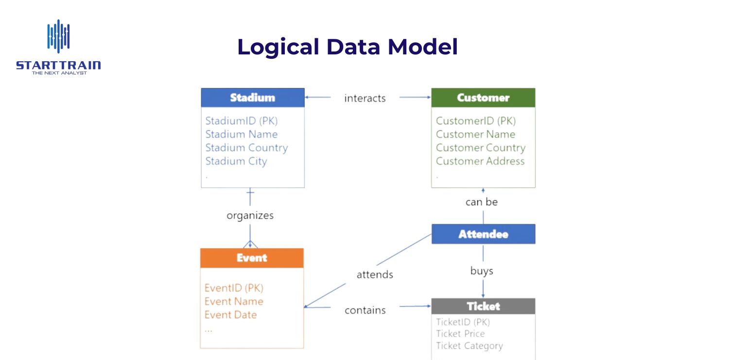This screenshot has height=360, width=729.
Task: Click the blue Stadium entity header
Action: pyautogui.click(x=252, y=98)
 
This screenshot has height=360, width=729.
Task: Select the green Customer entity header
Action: pyautogui.click(x=483, y=98)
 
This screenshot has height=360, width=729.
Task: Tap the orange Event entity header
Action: pyautogui.click(x=252, y=258)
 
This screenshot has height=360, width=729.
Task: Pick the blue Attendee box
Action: pyautogui.click(x=483, y=234)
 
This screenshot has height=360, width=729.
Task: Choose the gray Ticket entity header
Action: pyautogui.click(x=483, y=306)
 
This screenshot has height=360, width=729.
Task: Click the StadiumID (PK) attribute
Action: pyautogui.click(x=242, y=121)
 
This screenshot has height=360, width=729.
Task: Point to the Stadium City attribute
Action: pyautogui.click(x=236, y=161)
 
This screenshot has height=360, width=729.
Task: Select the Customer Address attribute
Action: pyautogui.click(x=480, y=161)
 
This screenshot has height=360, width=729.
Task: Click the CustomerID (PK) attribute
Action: pyautogui.click(x=476, y=121)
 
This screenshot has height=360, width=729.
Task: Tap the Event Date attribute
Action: pyautogui.click(x=230, y=315)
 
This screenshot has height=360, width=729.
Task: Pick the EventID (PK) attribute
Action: pyautogui.click(x=234, y=288)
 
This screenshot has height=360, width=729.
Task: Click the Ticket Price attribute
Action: pyautogui.click(x=460, y=334)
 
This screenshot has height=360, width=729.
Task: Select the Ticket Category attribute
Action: pyautogui.click(x=469, y=346)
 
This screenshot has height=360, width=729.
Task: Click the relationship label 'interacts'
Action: pyautogui.click(x=364, y=98)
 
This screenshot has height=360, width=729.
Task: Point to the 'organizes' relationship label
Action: pyautogui.click(x=250, y=215)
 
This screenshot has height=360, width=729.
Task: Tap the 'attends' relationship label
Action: pyautogui.click(x=375, y=274)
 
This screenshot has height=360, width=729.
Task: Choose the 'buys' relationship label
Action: pyautogui.click(x=482, y=271)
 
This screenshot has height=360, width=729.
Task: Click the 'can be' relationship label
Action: pyautogui.click(x=482, y=202)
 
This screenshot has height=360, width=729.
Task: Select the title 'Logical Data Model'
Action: pyautogui.click(x=347, y=47)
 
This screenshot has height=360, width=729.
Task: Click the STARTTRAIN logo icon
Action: pyautogui.click(x=58, y=36)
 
